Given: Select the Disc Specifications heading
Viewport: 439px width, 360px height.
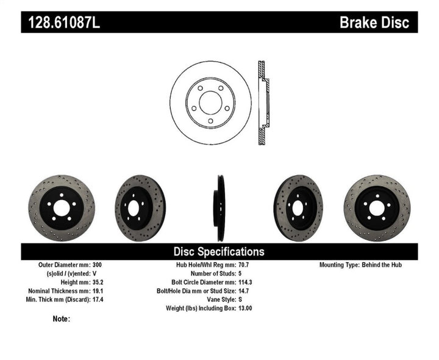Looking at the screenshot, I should [x=219, y=251].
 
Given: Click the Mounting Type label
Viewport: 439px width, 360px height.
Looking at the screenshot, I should [x=340, y=265].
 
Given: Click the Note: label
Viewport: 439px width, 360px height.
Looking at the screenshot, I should [x=62, y=319].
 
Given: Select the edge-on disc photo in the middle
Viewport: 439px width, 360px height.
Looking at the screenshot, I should [x=218, y=208].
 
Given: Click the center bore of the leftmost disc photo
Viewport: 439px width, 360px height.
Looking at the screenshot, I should [x=61, y=208].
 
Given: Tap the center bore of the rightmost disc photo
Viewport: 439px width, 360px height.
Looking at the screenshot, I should [x=376, y=208].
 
